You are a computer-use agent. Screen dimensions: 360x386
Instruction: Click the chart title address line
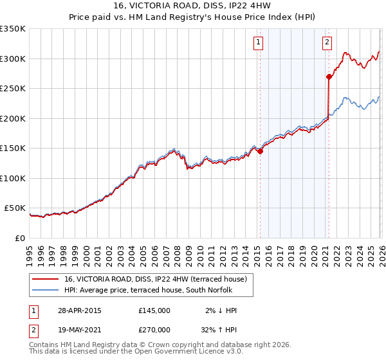(x=192, y=6)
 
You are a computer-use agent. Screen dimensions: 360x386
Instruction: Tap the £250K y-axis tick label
(x=13, y=89)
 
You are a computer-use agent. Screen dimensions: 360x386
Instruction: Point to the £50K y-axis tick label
(x=15, y=208)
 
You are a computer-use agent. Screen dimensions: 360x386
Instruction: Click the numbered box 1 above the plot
(x=258, y=42)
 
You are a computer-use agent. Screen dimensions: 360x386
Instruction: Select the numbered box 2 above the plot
(x=327, y=42)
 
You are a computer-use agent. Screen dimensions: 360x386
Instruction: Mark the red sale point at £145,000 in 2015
(x=260, y=152)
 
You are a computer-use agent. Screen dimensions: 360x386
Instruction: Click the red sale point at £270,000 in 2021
(x=329, y=76)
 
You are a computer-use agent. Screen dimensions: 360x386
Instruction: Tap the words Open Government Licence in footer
(x=194, y=352)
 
